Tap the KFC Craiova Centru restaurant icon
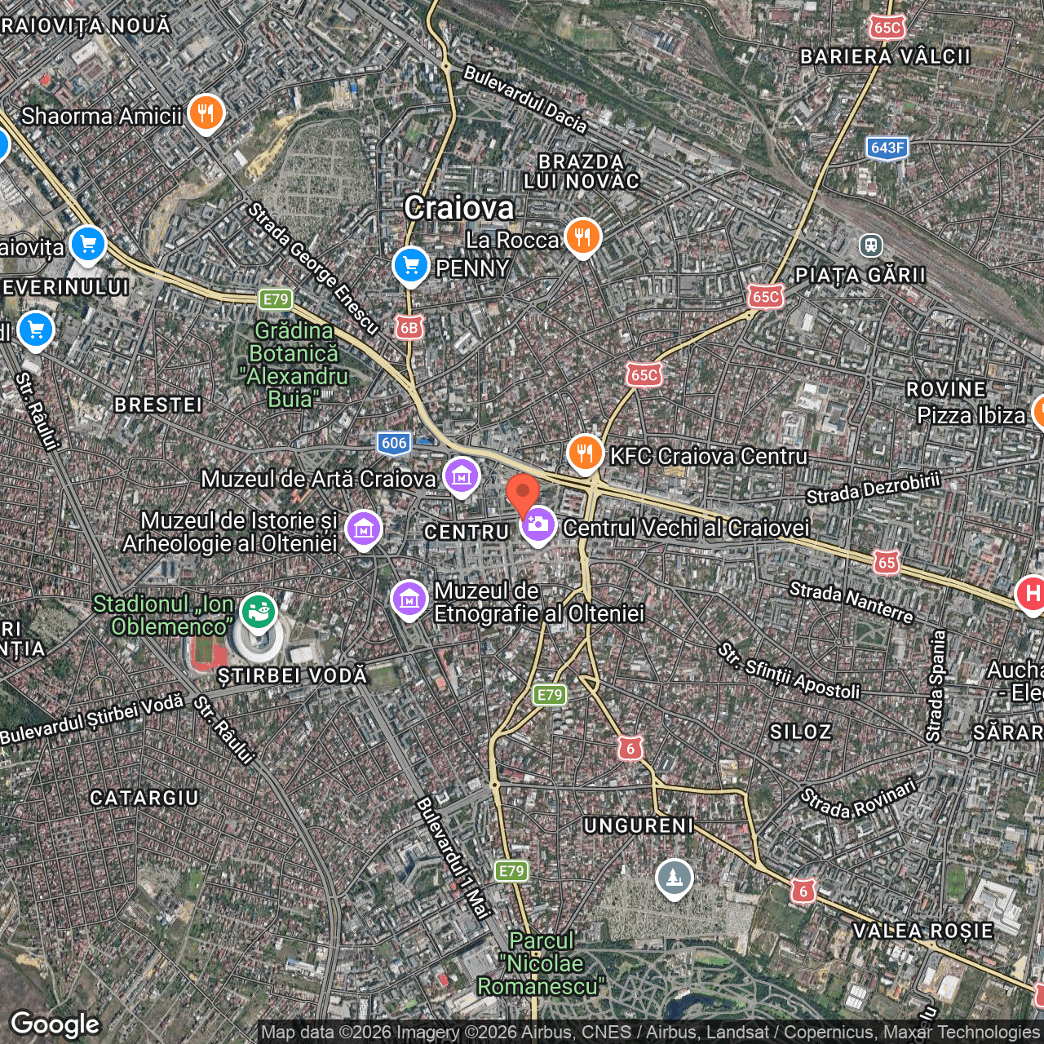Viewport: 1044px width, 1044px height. click(585, 453)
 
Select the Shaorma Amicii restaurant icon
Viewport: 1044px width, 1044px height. click(206, 113)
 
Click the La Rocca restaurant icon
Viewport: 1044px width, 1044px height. click(582, 237)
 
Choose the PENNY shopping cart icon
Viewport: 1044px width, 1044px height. click(411, 265)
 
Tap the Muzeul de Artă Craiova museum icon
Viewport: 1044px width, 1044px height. click(461, 476)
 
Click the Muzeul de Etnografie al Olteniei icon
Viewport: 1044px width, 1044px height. click(409, 599)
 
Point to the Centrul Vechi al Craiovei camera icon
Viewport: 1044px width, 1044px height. click(538, 525)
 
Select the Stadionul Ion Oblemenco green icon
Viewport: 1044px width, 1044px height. click(258, 610)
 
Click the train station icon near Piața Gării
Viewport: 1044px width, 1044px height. click(870, 245)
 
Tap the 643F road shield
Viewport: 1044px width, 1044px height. click(887, 148)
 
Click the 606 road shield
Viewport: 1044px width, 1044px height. click(394, 443)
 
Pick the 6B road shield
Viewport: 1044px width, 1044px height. click(408, 328)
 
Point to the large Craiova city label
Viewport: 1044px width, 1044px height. click(459, 208)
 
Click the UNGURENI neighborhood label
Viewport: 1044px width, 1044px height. click(639, 825)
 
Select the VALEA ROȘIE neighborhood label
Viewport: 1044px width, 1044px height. click(922, 931)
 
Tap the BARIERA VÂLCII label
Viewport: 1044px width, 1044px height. click(885, 56)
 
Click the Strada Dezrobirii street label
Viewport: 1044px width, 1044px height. click(873, 488)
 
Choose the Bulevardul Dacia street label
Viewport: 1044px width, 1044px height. click(524, 99)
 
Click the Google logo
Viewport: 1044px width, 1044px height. click(55, 1024)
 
